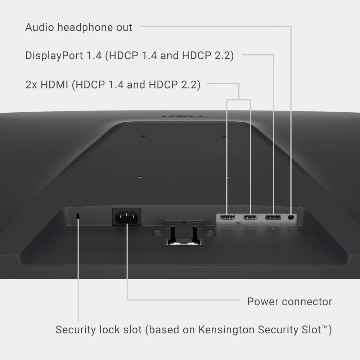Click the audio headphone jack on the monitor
click(x=291, y=217)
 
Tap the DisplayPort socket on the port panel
click(x=273, y=217)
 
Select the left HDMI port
click(x=228, y=217)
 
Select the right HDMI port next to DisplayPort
click(x=250, y=217)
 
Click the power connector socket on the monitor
click(x=126, y=217)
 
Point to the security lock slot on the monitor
click(x=78, y=216)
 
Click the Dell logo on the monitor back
click(x=185, y=116)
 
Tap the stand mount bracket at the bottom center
click(x=184, y=233)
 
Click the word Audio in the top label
click(x=40, y=27)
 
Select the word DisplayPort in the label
click(x=54, y=55)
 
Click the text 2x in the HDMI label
click(x=31, y=85)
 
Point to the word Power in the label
click(x=263, y=301)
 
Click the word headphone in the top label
click(x=85, y=27)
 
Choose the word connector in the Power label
click(x=307, y=302)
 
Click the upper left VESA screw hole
click(x=144, y=136)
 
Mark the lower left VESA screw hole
click(x=140, y=177)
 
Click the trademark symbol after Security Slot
click(x=325, y=327)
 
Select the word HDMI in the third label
click(x=54, y=85)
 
